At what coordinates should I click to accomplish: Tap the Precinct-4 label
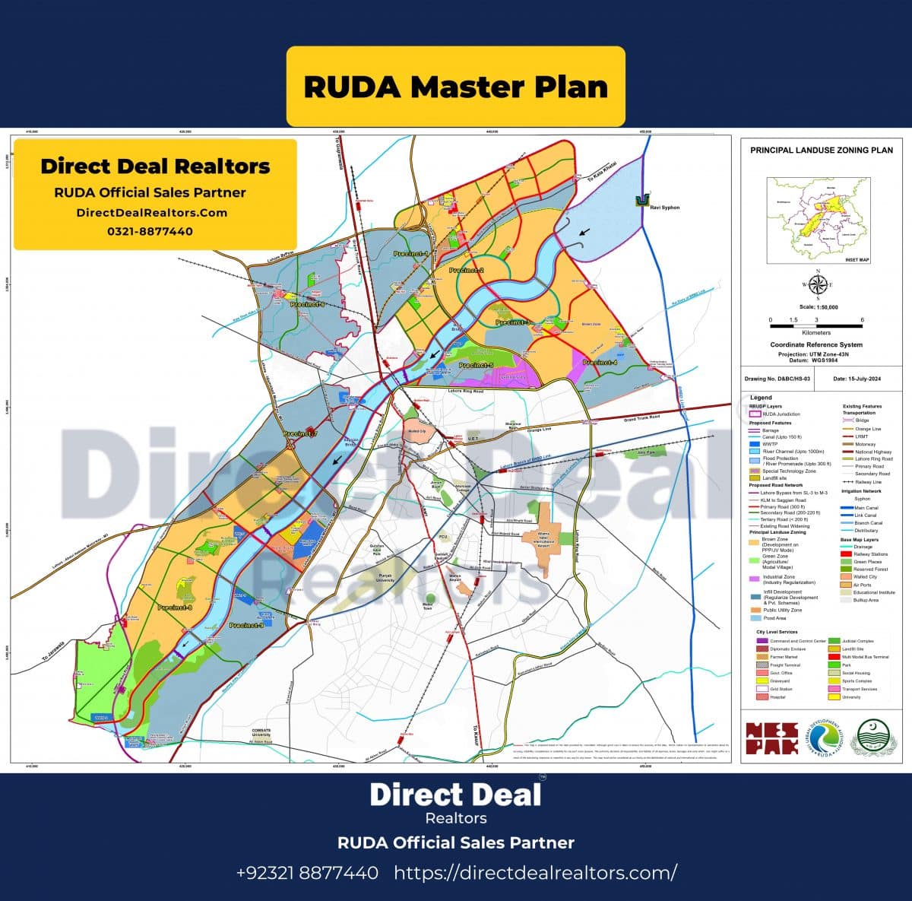(x=600, y=363)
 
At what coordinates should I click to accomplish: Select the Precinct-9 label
(x=246, y=625)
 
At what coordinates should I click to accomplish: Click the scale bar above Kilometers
(x=816, y=325)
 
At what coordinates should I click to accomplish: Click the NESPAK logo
(x=771, y=738)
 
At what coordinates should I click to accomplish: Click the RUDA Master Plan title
(x=455, y=87)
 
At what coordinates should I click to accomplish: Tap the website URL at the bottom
(x=535, y=872)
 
